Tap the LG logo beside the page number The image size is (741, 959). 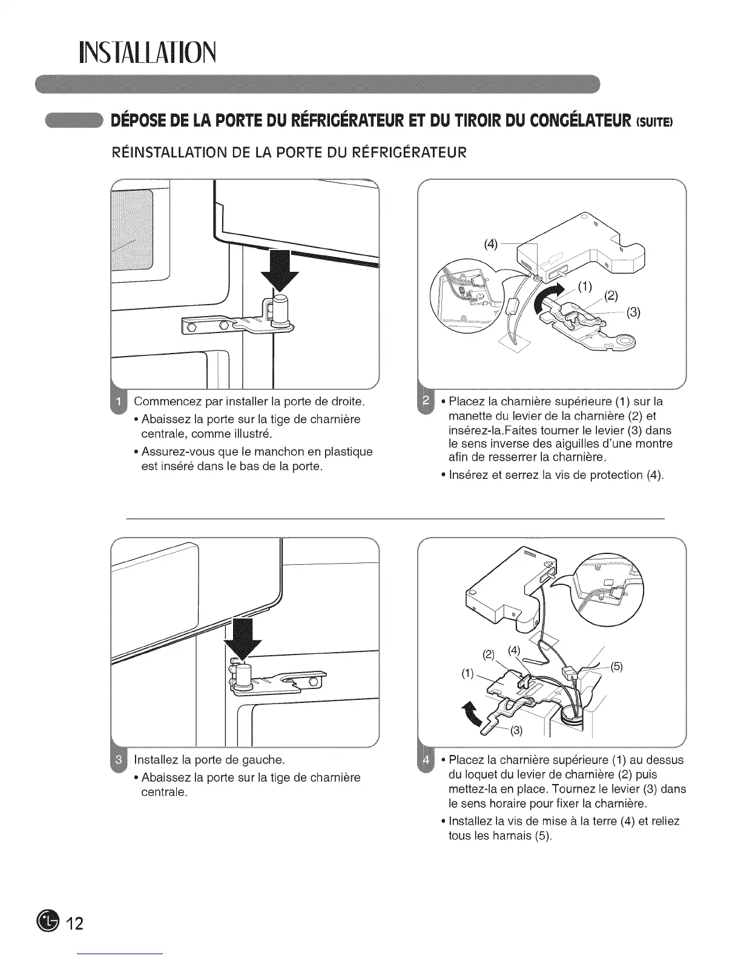[x=47, y=922]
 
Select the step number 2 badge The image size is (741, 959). [x=425, y=401]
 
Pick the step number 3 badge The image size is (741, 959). [x=119, y=759]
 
